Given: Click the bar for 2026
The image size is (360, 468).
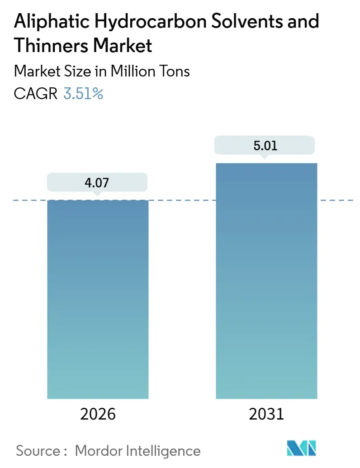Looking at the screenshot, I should pos(98,299).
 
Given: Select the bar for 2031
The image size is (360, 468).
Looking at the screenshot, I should pos(266,281).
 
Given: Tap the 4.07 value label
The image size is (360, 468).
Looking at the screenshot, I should pos(97,183).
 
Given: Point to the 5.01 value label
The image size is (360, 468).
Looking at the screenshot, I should pos(265,146).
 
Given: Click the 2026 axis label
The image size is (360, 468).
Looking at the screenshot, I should pos(97,414).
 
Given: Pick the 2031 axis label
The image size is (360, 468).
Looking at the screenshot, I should pos(266,414).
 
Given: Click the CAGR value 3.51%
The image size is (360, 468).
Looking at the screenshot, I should pos(83,94).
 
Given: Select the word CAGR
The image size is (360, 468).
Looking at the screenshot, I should pos(36,94).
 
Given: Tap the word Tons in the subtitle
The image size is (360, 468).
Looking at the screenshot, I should pos(174,71).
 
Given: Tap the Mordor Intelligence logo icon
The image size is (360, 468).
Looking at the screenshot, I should pos(302,448).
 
